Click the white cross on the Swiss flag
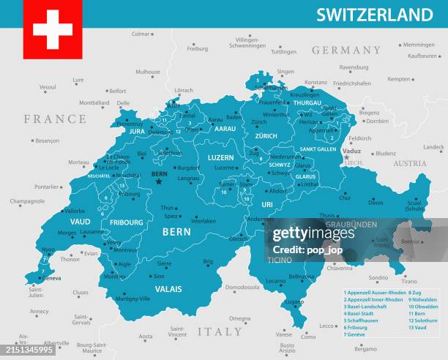pyautogui.click(x=52, y=29)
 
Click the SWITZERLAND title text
pyautogui.click(x=374, y=15)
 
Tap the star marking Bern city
pyautogui.click(x=159, y=181)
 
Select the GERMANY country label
pyautogui.click(x=346, y=50)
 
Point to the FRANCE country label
pyautogui.click(x=55, y=119)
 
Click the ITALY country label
pyautogui.click(x=219, y=331)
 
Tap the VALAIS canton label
pyautogui.click(x=168, y=289)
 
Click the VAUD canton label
pyautogui.click(x=81, y=221)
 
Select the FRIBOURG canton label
pyautogui.click(x=126, y=222)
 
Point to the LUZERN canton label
pyautogui.click(x=220, y=157)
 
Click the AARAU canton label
pyautogui.click(x=225, y=129)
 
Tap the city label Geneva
pyautogui.click(x=51, y=278)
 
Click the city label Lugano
pyautogui.click(x=294, y=301)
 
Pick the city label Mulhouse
pyautogui.click(x=148, y=72)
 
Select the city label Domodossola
pyautogui.click(x=242, y=288)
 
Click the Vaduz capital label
pyautogui.click(x=352, y=151)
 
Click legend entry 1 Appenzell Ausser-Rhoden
pyautogui.click(x=375, y=293)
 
